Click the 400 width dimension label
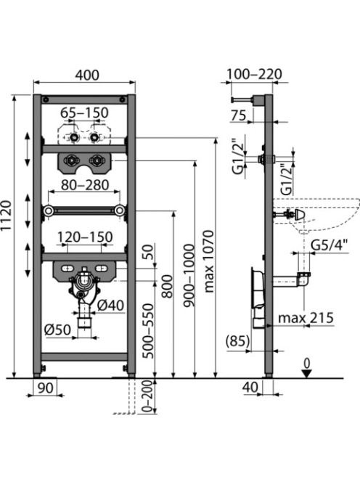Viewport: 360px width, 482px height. [x=87, y=75]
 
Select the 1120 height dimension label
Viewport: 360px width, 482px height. [x=6, y=215]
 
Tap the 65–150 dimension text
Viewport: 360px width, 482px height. [x=84, y=113]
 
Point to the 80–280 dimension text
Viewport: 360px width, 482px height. [x=85, y=185]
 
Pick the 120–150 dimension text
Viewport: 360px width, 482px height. [x=86, y=237]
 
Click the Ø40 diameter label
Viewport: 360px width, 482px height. [x=110, y=306]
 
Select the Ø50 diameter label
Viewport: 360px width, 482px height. [x=57, y=330]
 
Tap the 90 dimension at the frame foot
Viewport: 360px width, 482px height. [x=45, y=388]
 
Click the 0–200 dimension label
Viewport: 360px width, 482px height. [x=148, y=396]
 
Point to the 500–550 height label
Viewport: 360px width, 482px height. [x=149, y=331]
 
